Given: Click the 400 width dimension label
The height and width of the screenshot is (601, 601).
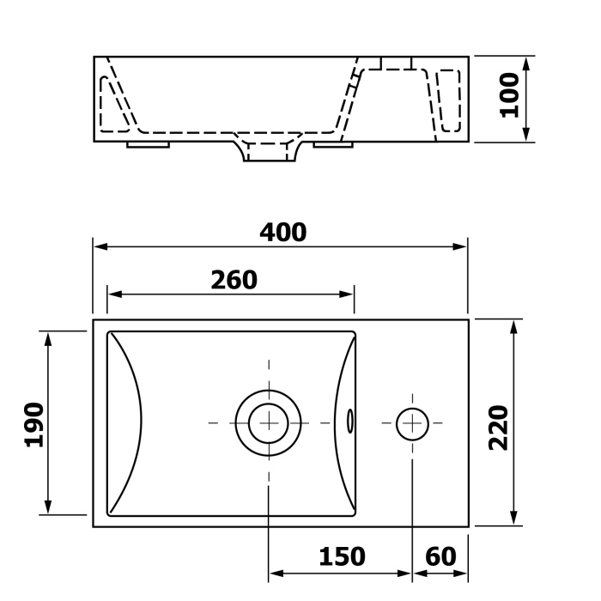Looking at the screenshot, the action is point(282,233).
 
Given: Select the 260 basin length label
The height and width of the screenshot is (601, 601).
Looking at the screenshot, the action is point(234,280).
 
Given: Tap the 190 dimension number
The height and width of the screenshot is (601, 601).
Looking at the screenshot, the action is point(34,425).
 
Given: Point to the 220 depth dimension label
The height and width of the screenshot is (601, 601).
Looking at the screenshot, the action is point(498,428).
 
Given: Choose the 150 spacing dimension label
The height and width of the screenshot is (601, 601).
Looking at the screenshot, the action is point(342,556).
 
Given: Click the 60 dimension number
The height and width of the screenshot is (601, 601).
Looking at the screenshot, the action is point(440,556).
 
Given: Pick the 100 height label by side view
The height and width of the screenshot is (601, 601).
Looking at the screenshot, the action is point(509,95).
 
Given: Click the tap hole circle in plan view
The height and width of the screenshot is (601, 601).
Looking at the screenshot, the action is point(412,424).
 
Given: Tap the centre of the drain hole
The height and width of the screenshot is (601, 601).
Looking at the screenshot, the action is point(269,423).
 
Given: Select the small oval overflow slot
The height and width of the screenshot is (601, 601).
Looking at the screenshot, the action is point(350,422).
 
